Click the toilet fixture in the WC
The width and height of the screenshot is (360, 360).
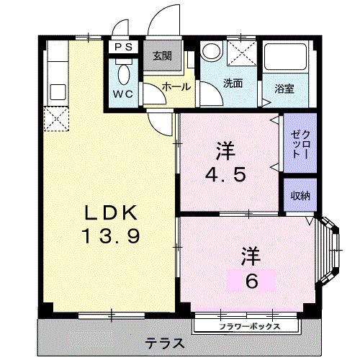click(x=122, y=73)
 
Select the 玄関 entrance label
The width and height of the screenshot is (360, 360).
click(x=161, y=56)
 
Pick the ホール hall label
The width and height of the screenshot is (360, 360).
click(x=177, y=86)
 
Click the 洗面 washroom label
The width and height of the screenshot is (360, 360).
click(x=232, y=83)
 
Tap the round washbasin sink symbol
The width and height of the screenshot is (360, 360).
click(x=212, y=51)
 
